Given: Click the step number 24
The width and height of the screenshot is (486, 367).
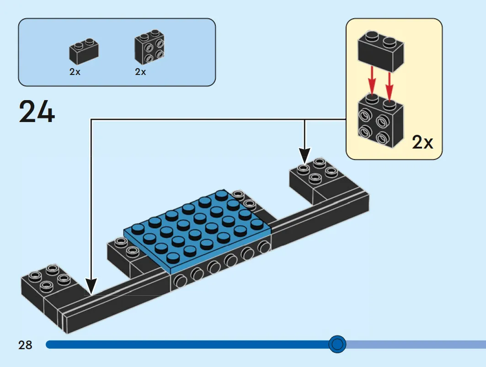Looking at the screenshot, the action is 37,112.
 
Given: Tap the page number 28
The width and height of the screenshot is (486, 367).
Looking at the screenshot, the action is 25,345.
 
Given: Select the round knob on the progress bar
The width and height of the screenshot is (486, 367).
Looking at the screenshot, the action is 337,344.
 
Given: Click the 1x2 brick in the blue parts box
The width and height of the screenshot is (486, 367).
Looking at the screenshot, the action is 84,51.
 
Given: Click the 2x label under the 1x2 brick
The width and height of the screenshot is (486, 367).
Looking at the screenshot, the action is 75,72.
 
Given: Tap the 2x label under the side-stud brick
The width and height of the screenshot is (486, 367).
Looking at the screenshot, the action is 140,72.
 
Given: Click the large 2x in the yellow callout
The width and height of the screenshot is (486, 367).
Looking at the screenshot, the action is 422,142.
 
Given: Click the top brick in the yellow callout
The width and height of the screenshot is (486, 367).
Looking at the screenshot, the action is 381,52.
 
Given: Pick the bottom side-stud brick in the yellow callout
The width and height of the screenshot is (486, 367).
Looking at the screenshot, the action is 381,121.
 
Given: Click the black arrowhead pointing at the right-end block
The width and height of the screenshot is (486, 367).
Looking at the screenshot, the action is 304,155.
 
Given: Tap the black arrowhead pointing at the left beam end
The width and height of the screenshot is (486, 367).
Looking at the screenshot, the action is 91,286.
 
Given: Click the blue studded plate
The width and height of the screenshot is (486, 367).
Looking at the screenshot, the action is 198,233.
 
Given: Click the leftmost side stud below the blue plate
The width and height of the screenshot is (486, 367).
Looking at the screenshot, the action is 180,281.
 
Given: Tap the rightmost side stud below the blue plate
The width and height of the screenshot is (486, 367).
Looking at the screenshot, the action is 264,247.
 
